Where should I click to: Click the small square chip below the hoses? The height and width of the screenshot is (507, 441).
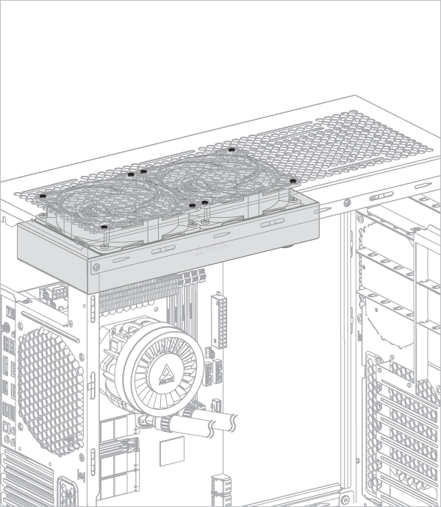[x=171, y=448]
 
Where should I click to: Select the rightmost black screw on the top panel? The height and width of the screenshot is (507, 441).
[x=292, y=180]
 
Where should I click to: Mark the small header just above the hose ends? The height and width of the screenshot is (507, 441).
[x=218, y=405]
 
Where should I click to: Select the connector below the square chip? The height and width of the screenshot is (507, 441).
[x=219, y=488]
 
